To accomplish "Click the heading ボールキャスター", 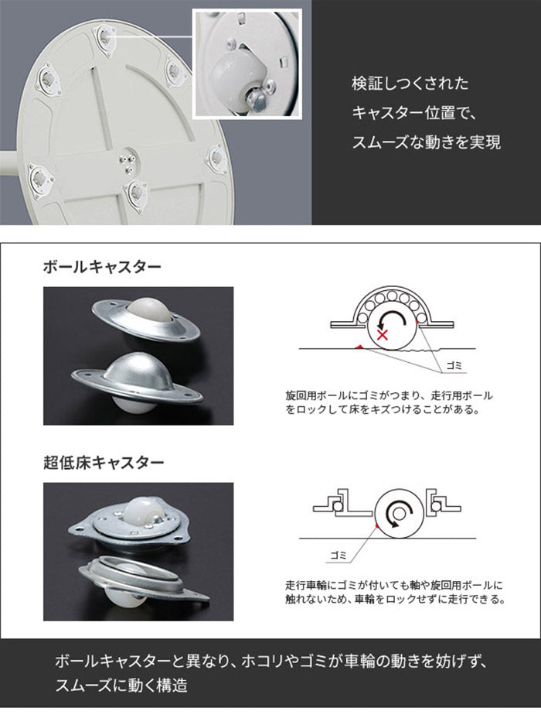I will click(x=102, y=268).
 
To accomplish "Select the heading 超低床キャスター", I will click(x=104, y=463).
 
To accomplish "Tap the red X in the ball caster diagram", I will click(x=382, y=334).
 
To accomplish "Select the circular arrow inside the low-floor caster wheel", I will click(x=400, y=512).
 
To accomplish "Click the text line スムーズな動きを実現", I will click(x=426, y=142).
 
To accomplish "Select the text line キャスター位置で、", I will click(x=416, y=113).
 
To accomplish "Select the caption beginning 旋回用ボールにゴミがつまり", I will click(x=390, y=402).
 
